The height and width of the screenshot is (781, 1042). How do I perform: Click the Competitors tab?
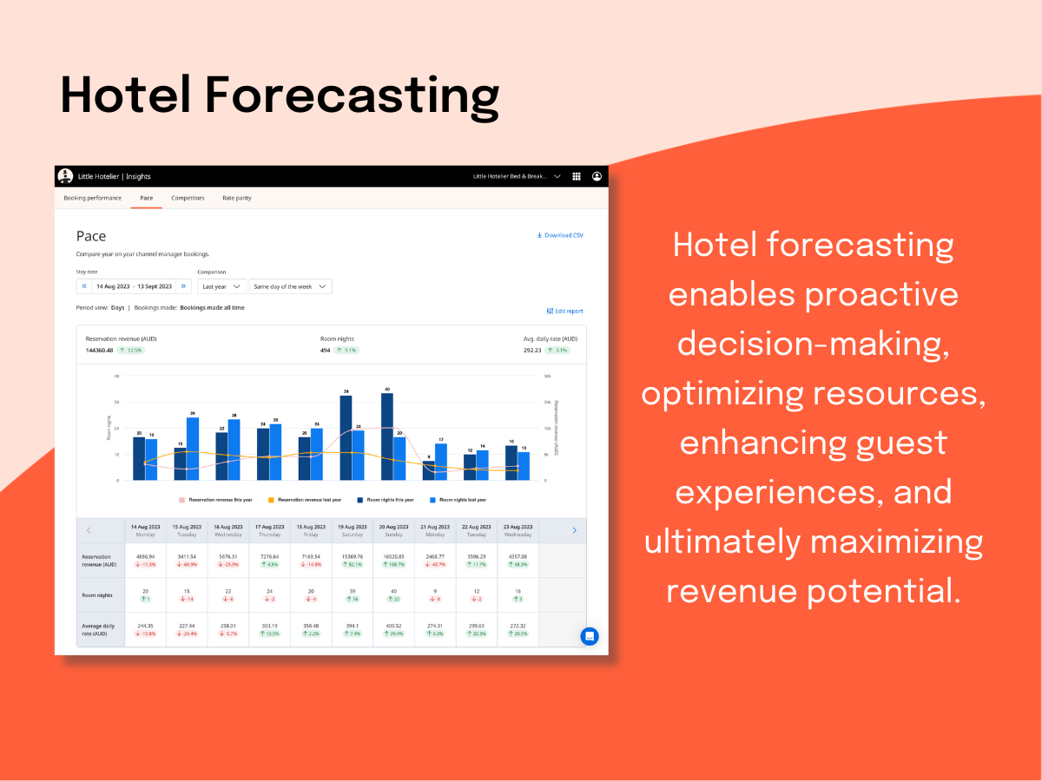click(x=188, y=198)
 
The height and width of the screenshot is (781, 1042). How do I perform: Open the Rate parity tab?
click(x=236, y=198)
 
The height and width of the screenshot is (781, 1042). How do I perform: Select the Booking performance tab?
click(x=92, y=198)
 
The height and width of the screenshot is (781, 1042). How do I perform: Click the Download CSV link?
click(x=560, y=235)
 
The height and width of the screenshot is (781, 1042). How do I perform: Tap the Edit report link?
click(x=564, y=311)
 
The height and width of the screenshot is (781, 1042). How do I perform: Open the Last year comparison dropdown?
click(x=221, y=286)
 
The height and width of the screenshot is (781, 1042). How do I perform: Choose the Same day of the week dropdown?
click(x=290, y=286)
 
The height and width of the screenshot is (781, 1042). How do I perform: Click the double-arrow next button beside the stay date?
click(x=183, y=286)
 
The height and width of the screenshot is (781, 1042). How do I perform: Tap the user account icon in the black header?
click(x=597, y=176)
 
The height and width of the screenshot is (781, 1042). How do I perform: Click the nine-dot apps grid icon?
click(x=577, y=176)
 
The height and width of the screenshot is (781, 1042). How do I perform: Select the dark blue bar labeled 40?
click(x=387, y=436)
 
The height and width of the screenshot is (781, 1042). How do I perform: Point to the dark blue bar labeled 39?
click(x=346, y=437)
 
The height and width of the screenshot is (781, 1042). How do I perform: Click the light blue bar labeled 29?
click(x=193, y=449)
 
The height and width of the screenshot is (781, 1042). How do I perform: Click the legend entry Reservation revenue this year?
click(x=216, y=500)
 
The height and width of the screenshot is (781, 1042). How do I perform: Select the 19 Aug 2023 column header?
click(x=352, y=530)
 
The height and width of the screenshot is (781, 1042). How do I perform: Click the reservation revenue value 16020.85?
click(x=393, y=556)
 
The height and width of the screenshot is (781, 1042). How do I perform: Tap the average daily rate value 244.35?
click(x=146, y=626)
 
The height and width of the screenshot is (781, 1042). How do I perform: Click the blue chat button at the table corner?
click(x=590, y=636)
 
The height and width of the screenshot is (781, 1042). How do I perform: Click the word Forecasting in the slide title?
click(x=353, y=95)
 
